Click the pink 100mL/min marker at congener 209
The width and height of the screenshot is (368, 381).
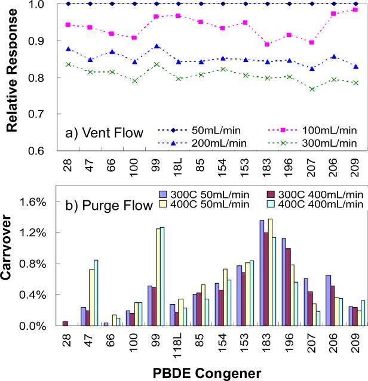(x=355, y=10)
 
